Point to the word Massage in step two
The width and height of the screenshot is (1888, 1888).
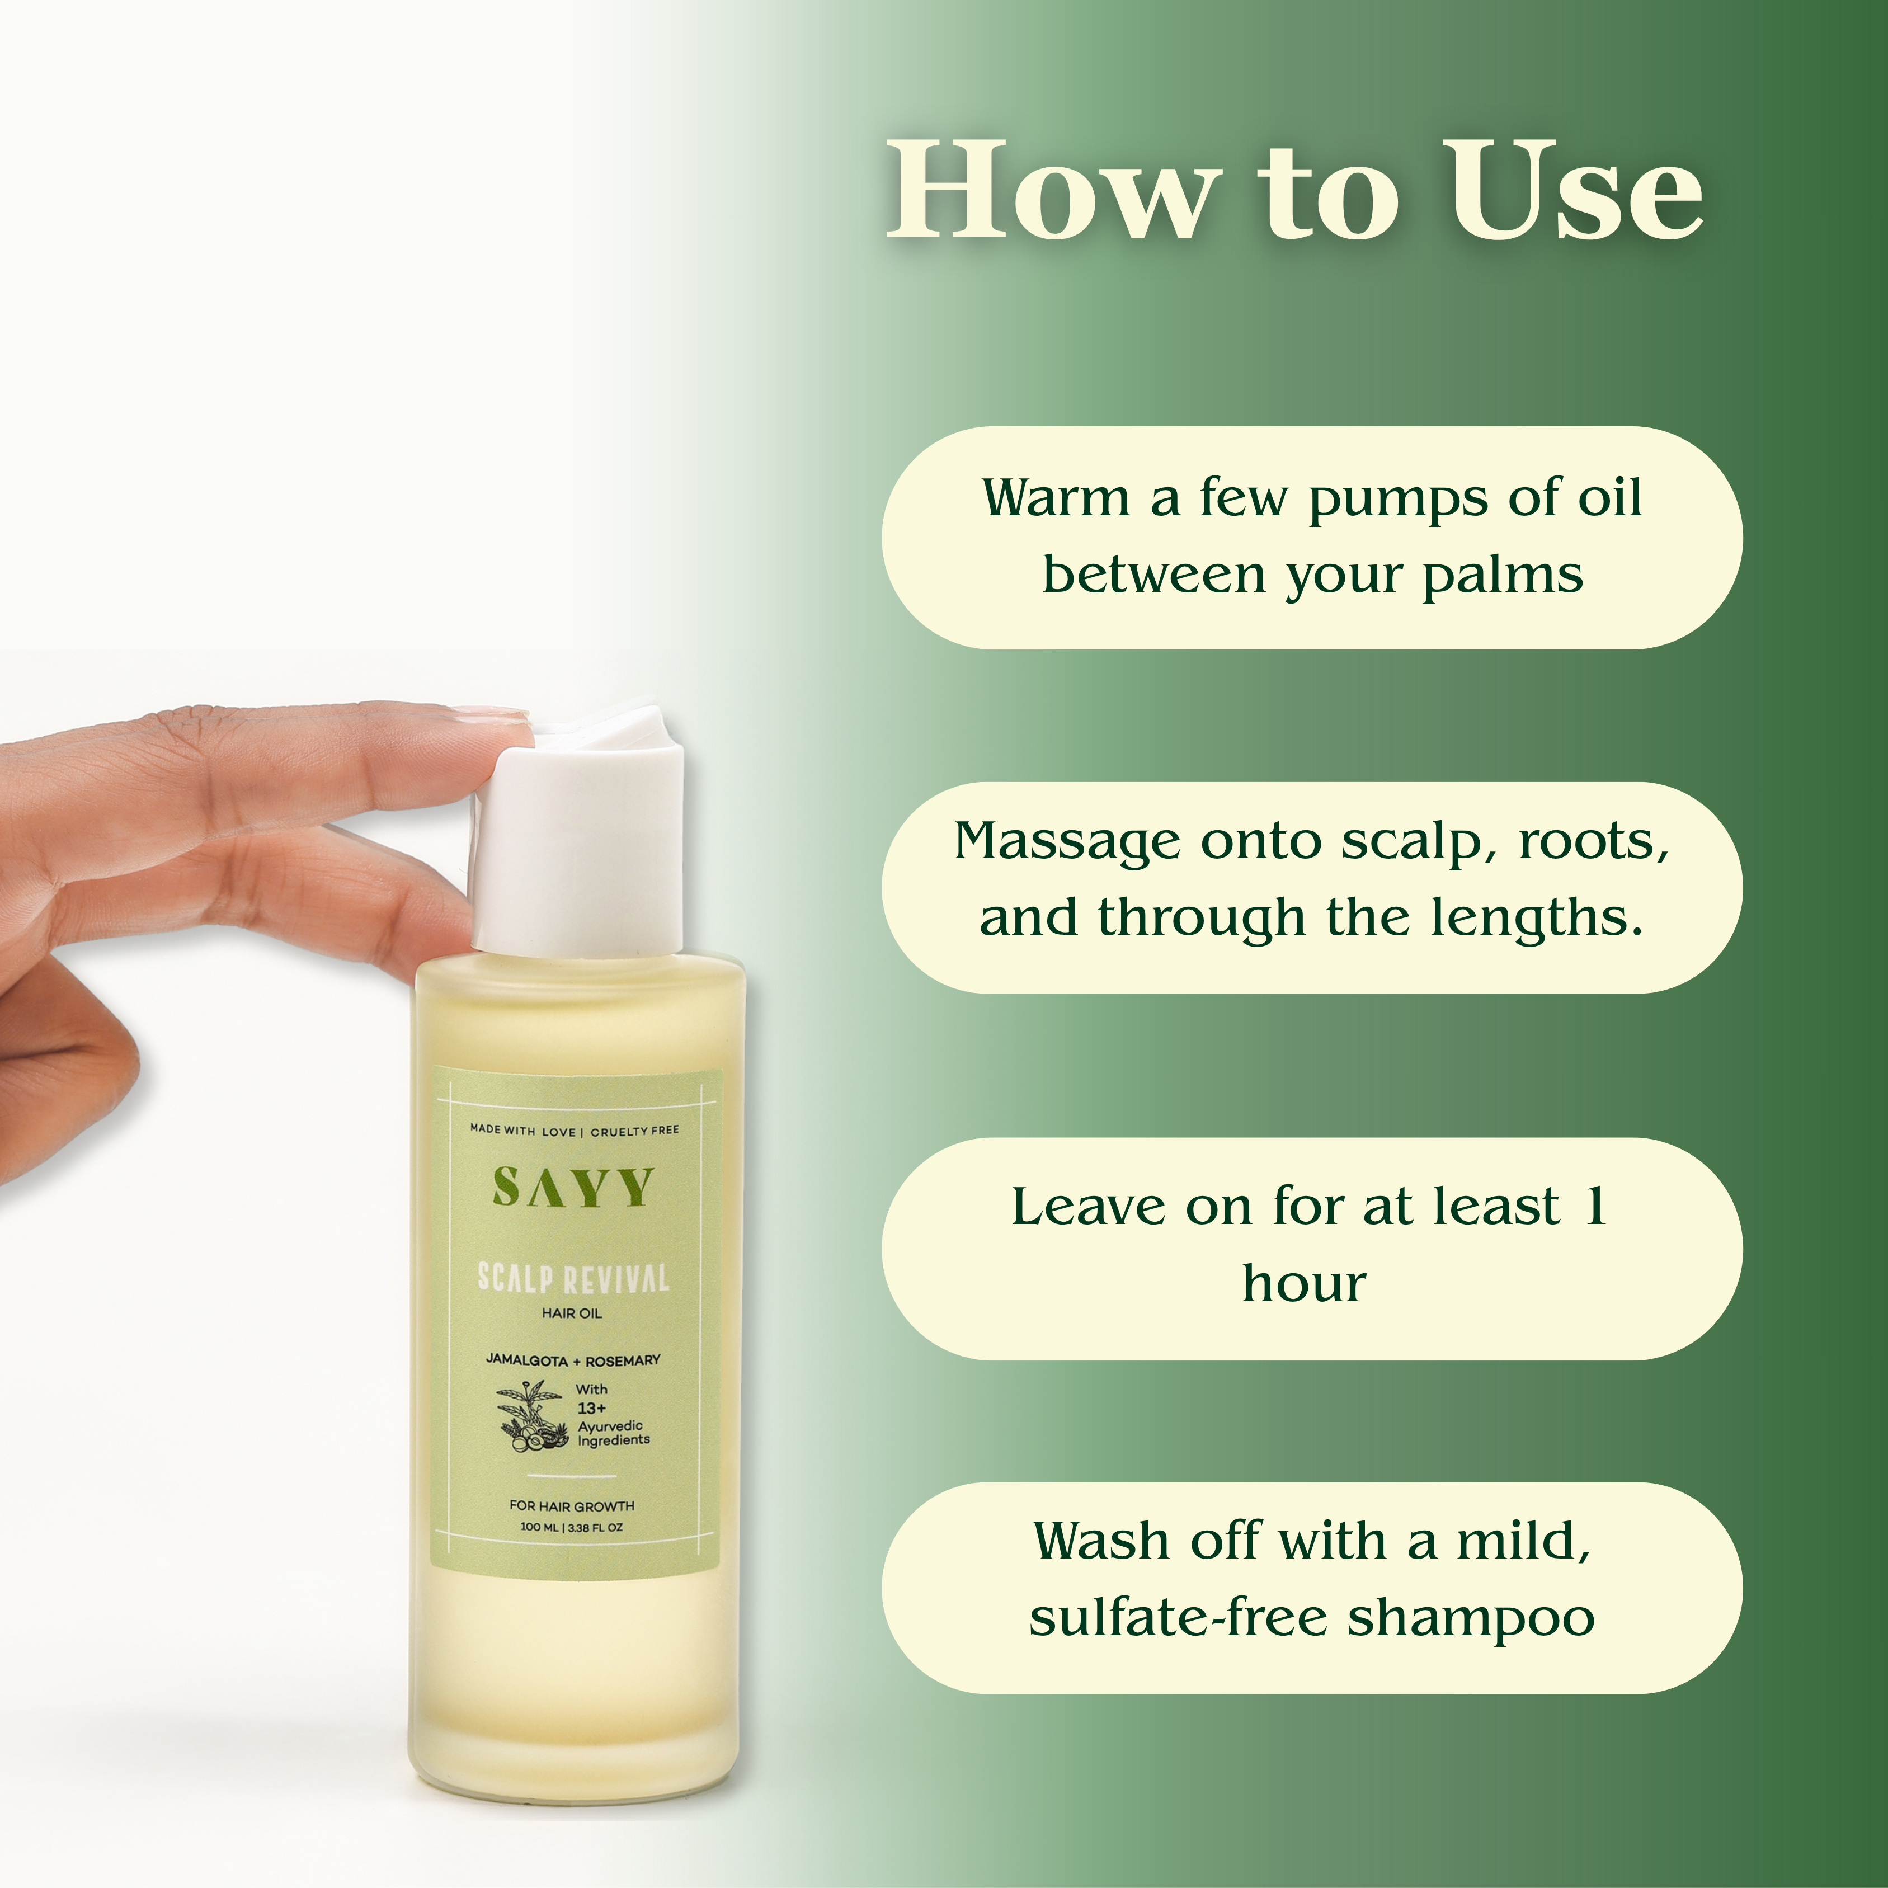(1067, 842)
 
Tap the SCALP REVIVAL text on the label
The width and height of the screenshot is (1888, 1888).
(573, 1278)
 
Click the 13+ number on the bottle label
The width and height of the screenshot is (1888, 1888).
(591, 1408)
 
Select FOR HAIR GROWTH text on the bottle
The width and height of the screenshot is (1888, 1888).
(572, 1506)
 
